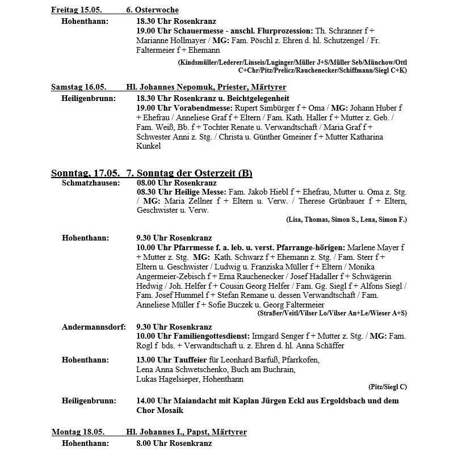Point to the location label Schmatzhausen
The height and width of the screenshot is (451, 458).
90,183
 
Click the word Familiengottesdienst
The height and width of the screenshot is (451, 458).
207,336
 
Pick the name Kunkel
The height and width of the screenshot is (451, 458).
149,146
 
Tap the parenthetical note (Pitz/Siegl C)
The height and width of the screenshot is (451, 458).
388,387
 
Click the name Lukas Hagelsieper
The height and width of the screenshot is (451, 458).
170,379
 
